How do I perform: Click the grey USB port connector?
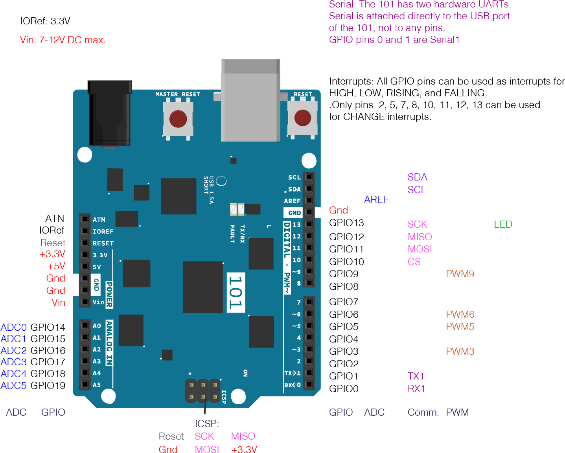pos(250,100)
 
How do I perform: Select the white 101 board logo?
pos(236,292)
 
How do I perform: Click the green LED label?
pos(503,225)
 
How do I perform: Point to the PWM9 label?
pos(460,274)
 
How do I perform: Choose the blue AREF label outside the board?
pos(376,200)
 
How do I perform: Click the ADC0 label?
pos(14,327)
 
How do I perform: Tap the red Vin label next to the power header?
pos(58,303)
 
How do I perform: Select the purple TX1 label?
pos(416,376)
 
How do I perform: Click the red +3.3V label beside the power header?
pos(52,254)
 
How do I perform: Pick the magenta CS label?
pos(414,262)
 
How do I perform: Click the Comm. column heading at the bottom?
pos(423,412)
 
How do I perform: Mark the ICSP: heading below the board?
pos(207,424)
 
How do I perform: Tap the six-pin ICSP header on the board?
pos(203,390)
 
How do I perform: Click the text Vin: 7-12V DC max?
pos(63,40)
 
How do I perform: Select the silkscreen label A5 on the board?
pos(97,385)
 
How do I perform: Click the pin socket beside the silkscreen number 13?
pos(309,224)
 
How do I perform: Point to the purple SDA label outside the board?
pos(417,177)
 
